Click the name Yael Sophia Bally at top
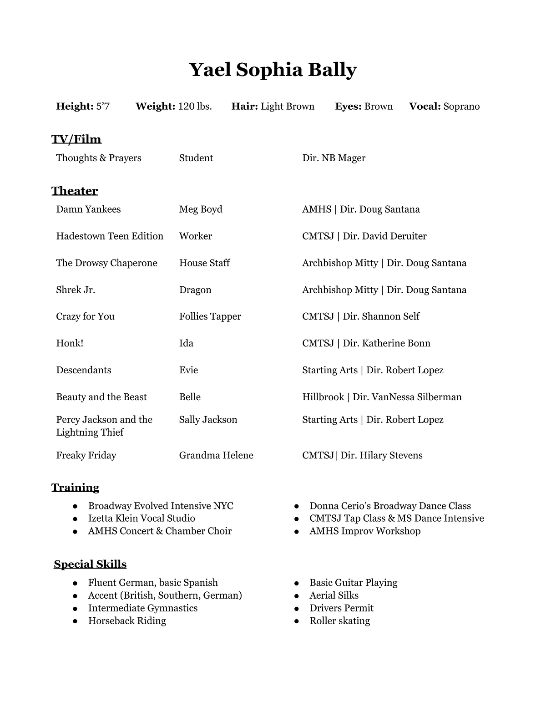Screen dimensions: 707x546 coord(273,70)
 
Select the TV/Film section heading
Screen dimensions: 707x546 coord(76,139)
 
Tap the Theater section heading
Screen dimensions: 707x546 coord(75,191)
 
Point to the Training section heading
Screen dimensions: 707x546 coord(75,488)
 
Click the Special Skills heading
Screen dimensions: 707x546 coord(90,564)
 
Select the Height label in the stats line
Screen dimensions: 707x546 coord(75,107)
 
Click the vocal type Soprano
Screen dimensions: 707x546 coord(461,107)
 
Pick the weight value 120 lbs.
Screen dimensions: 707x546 coord(195,107)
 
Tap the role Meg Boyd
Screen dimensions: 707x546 coord(201,209)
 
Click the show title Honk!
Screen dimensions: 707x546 coord(70,343)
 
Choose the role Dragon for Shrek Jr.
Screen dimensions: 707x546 coord(195,290)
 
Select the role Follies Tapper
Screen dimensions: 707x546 coord(210,316)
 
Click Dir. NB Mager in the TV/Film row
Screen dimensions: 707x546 coord(334,158)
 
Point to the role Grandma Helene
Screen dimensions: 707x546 coord(216,455)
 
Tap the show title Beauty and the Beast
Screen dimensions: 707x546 coord(101,397)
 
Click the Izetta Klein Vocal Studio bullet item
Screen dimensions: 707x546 coord(142,519)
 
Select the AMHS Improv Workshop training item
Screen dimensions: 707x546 coord(365,531)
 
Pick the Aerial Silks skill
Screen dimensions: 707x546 coord(334,595)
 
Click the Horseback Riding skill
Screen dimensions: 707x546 coord(127,621)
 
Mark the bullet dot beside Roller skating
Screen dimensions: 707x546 coord(297,621)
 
